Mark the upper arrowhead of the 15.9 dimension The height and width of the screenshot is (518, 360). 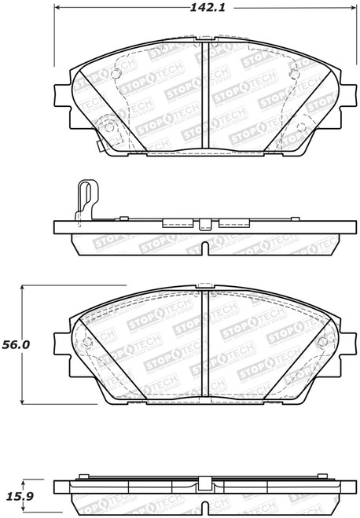[25, 481]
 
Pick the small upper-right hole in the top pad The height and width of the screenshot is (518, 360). [293, 75]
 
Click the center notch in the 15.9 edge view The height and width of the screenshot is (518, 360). [203, 510]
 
